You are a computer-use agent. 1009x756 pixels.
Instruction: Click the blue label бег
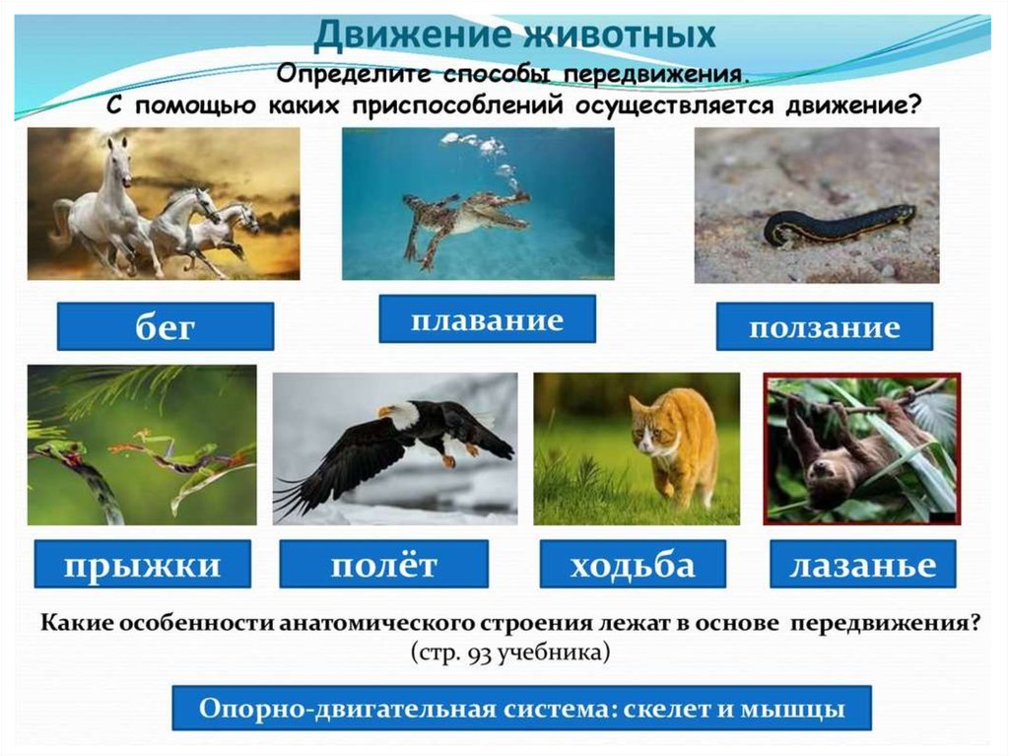pos(166,326)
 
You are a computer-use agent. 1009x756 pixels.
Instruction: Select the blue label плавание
pos(487,319)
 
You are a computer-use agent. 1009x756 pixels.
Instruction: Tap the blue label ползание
pos(825,326)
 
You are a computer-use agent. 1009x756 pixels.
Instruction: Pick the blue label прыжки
pos(142,564)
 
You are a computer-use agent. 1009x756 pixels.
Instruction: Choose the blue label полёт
pos(383,564)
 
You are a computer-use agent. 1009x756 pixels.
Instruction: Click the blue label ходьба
pos(633,564)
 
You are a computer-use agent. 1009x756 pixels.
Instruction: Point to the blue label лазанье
pos(863,564)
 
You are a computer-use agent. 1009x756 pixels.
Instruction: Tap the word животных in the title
pos(620,34)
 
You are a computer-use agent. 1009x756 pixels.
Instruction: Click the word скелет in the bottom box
pos(667,709)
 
